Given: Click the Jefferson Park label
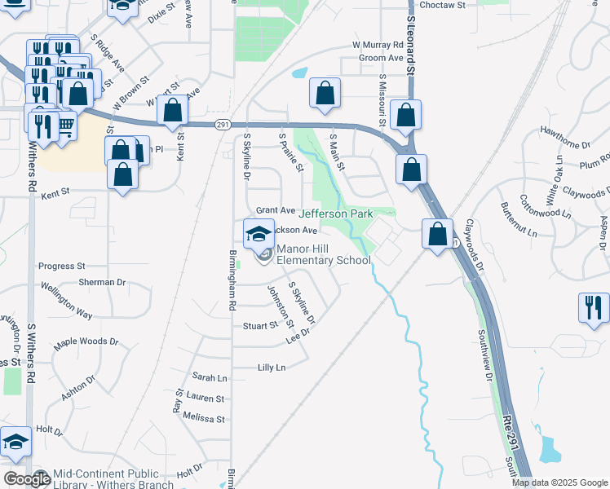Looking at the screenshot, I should [x=335, y=214].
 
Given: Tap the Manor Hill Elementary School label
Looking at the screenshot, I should [x=324, y=254].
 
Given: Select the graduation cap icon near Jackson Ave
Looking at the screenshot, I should [x=259, y=233].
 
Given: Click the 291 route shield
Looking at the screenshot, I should [x=223, y=124].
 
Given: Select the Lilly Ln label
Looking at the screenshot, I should [x=272, y=368].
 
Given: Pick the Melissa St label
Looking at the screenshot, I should [x=204, y=419].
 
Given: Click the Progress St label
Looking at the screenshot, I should [x=62, y=267].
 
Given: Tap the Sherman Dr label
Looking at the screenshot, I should [x=102, y=282].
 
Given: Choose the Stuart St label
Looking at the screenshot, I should [x=261, y=326].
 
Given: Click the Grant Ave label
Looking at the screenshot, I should [x=276, y=210].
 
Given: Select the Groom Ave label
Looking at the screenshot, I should [x=382, y=58].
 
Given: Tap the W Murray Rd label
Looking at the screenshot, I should [x=378, y=45].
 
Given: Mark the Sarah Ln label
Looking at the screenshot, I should [x=210, y=377].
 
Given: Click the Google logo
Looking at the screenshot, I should [x=27, y=479].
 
